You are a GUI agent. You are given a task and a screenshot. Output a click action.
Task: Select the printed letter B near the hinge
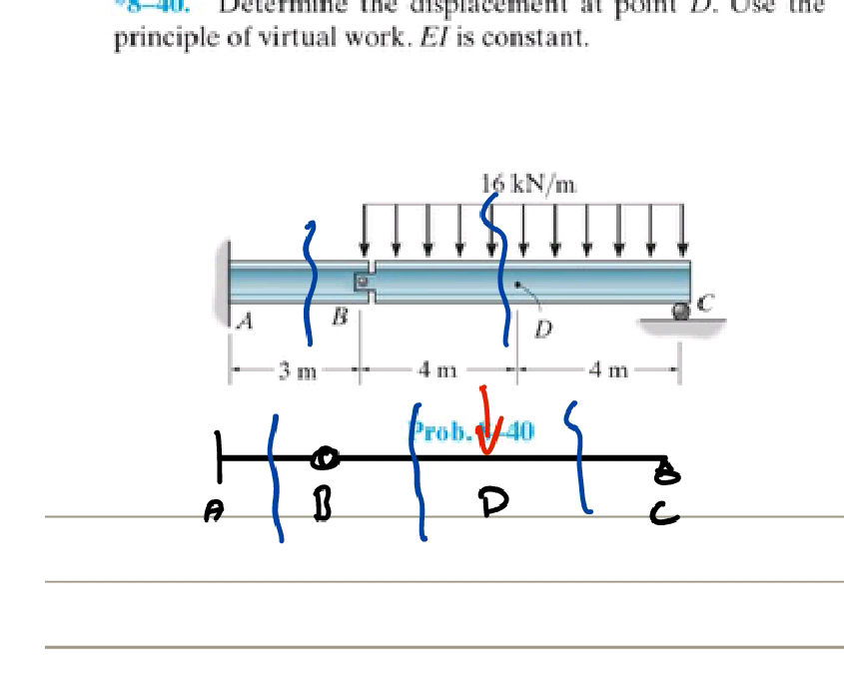pyautogui.click(x=340, y=317)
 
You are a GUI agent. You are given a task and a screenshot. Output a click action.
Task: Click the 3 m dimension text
pyautogui.click(x=297, y=373)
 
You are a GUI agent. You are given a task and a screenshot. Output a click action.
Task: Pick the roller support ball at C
pyautogui.click(x=681, y=312)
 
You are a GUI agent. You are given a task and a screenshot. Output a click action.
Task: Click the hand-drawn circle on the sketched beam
pyautogui.click(x=324, y=458)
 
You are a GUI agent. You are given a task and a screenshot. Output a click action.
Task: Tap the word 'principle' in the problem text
pyautogui.click(x=155, y=42)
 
